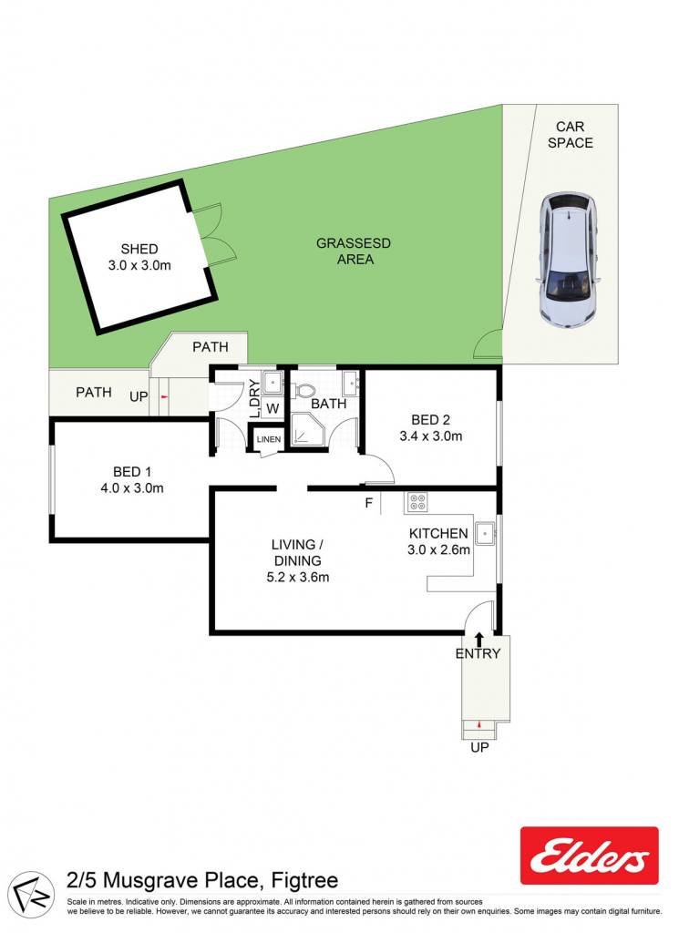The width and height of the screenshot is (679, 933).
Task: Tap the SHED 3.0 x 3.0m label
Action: point(139,257)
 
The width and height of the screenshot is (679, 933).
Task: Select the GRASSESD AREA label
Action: point(354,251)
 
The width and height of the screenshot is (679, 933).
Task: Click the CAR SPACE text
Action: point(571,135)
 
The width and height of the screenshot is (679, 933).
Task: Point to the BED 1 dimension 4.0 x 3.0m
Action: point(132,488)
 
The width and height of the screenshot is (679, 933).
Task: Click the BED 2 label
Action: point(430,419)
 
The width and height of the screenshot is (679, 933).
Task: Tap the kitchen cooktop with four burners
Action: point(416,502)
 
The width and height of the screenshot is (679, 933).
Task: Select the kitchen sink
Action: point(486,532)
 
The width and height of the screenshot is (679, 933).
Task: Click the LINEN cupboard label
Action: point(268,439)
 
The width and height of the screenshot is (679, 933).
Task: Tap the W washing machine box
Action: point(273,408)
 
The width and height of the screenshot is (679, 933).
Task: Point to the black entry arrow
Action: point(479,640)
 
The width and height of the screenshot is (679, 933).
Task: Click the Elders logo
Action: point(589,856)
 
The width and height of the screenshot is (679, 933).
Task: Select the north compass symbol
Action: point(34,891)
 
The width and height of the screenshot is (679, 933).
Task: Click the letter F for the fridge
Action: point(369,503)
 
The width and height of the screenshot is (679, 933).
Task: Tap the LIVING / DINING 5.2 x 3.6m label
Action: point(297,560)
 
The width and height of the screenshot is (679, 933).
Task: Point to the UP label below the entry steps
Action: point(479,747)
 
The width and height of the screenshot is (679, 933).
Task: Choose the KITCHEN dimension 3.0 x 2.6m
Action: point(438,549)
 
